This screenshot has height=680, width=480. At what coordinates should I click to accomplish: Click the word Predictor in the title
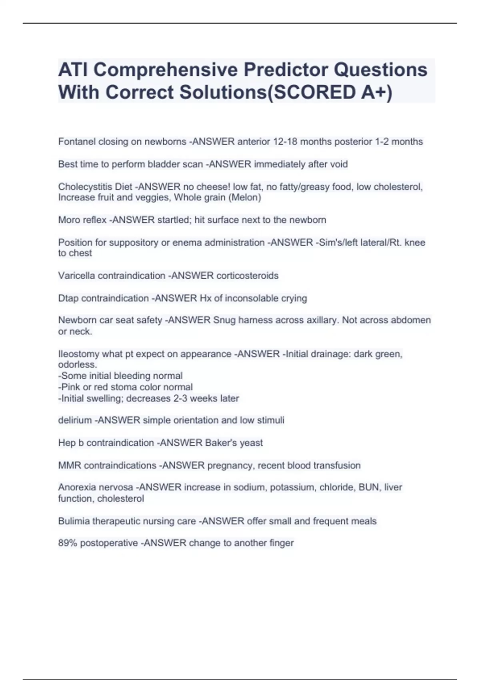(x=286, y=70)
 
